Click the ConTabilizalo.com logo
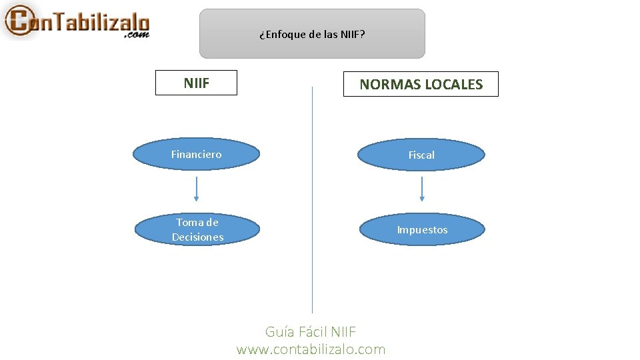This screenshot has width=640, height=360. [x=77, y=21]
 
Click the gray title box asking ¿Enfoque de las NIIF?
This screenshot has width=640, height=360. [x=312, y=33]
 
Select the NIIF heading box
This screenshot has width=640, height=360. [x=196, y=83]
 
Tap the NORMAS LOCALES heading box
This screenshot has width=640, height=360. [x=421, y=85]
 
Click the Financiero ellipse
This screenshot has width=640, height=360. [x=196, y=155]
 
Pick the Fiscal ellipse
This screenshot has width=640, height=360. [x=421, y=155]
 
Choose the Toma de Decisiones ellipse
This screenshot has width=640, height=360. [x=197, y=229]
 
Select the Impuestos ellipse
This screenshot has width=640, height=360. [x=422, y=230]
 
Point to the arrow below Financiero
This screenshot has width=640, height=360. [x=197, y=189]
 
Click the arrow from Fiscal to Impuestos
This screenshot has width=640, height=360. [x=422, y=189]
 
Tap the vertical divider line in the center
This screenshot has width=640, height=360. [x=312, y=200]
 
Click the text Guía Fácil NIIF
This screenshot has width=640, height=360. [x=311, y=332]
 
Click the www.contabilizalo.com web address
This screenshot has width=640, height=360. [x=311, y=349]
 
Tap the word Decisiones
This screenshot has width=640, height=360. [x=197, y=237]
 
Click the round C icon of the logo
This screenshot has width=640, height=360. [x=18, y=21]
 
